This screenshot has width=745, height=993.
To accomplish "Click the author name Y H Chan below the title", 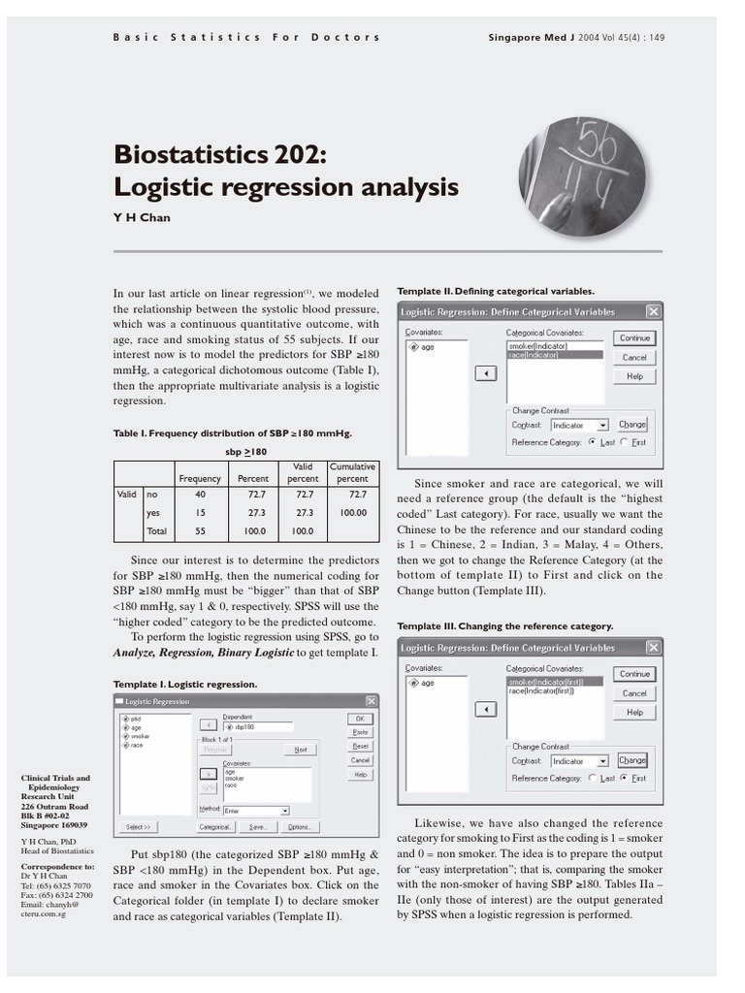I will click(142, 217).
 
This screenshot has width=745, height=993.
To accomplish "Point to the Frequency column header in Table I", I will click(200, 479).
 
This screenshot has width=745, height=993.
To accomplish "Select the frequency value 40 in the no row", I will click(200, 494).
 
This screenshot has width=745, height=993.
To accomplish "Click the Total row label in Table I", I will click(156, 531).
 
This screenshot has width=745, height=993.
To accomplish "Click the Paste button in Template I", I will click(360, 732).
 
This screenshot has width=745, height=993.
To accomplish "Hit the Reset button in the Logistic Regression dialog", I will click(360, 747).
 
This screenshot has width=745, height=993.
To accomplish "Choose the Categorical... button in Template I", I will click(215, 827).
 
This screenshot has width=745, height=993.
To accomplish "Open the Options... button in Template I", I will click(298, 827).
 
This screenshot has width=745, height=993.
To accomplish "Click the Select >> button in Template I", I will click(137, 827).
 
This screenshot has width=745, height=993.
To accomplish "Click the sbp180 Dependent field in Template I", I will click(257, 726).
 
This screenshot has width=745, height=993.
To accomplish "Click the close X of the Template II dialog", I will click(653, 312).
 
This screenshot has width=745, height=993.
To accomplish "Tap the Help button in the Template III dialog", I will click(634, 712).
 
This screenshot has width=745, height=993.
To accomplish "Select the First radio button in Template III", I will click(627, 778).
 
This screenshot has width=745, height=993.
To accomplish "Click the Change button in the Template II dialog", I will click(632, 425).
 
